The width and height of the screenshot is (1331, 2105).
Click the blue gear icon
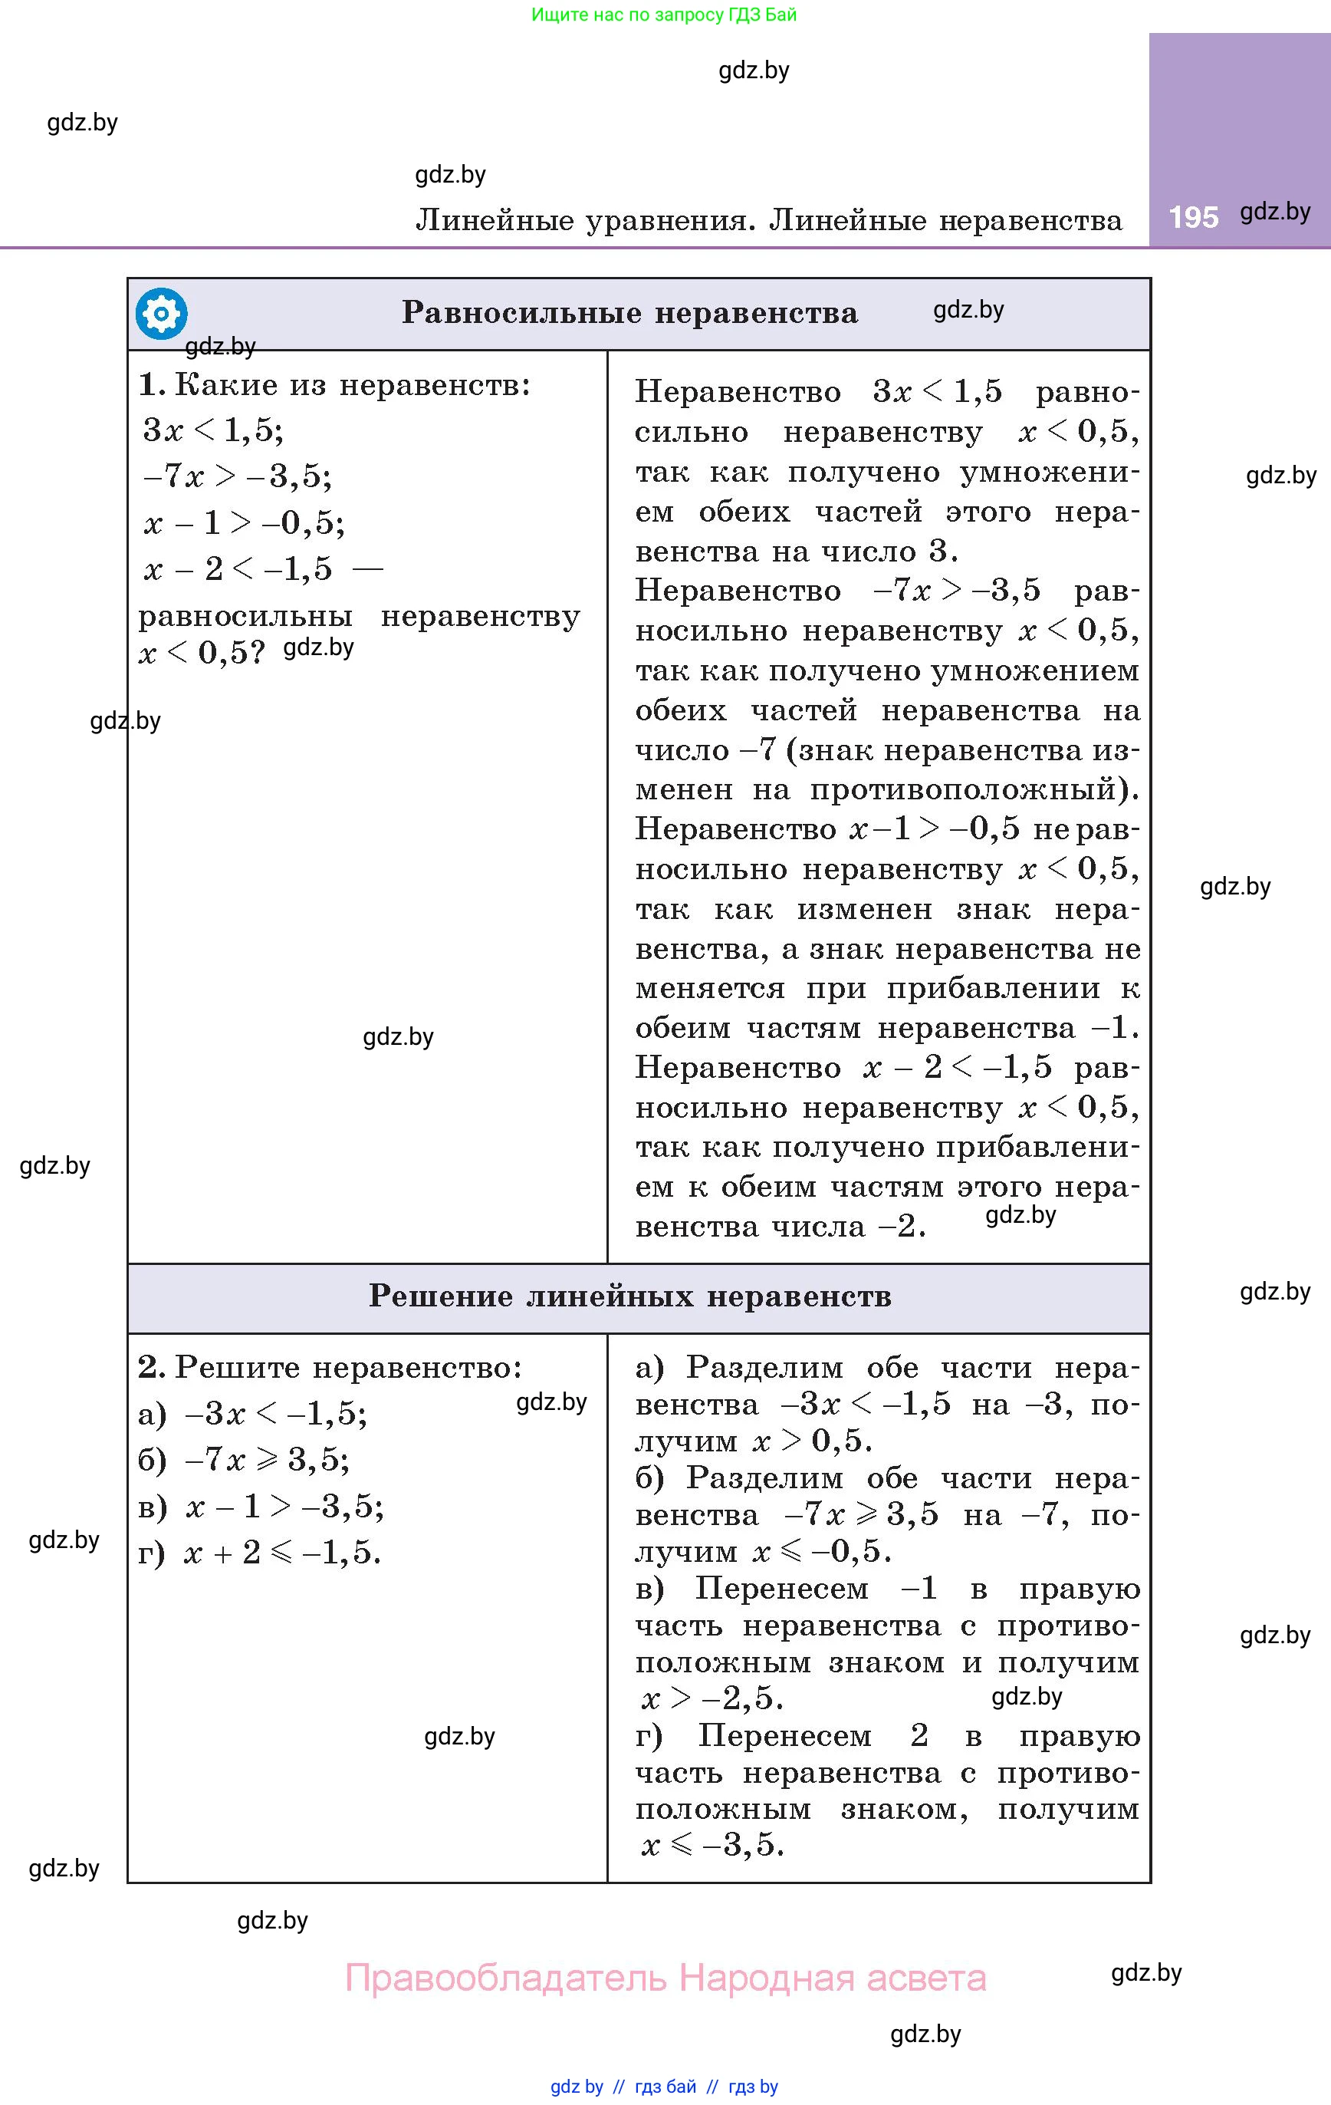(161, 313)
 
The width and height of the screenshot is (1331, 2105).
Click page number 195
(1193, 217)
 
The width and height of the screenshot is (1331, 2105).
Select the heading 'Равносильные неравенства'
(629, 313)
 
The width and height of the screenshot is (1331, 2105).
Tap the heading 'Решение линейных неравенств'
(629, 1296)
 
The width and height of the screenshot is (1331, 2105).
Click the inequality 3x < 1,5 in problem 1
(213, 430)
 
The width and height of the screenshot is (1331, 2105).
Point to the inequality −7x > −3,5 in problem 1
(237, 476)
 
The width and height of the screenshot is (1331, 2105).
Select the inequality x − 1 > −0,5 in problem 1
(244, 522)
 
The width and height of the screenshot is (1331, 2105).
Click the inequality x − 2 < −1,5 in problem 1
(238, 569)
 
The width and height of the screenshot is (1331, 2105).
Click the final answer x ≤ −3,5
(712, 1844)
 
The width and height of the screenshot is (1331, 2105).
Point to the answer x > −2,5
(712, 1698)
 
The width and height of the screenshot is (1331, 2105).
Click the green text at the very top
(664, 15)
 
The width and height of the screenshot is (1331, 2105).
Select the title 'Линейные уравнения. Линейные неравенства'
(768, 219)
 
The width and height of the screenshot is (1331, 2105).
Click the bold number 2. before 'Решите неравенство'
(150, 1366)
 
